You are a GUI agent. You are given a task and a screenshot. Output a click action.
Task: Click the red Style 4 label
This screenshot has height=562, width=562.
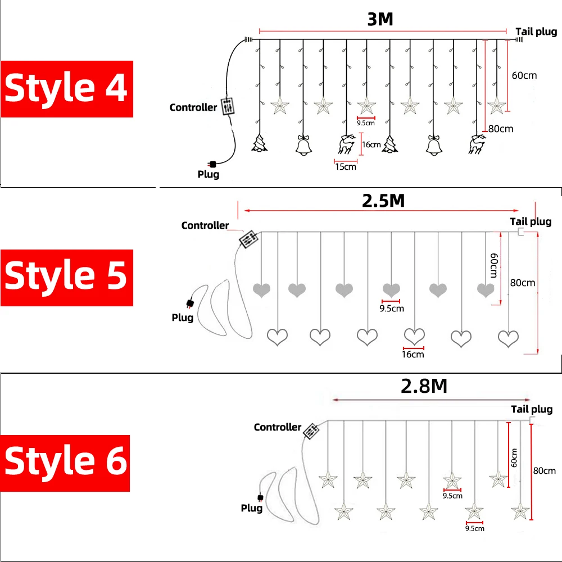pyautogui.click(x=66, y=89)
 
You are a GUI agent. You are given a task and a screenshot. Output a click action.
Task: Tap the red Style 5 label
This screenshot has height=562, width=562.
pyautogui.click(x=66, y=278)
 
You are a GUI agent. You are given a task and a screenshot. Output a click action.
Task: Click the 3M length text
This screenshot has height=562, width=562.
pyautogui.click(x=380, y=20)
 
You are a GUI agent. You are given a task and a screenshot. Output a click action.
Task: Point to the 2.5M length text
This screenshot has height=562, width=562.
pyautogui.click(x=383, y=201)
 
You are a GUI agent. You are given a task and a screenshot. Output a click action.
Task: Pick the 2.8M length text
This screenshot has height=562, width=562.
pyautogui.click(x=424, y=386)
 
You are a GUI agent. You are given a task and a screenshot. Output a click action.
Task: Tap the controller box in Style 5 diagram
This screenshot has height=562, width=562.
pyautogui.click(x=248, y=239)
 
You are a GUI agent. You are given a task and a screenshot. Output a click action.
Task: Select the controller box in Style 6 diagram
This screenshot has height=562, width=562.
pyautogui.click(x=311, y=430)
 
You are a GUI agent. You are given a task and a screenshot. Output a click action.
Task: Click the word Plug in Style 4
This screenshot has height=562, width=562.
pyautogui.click(x=209, y=174)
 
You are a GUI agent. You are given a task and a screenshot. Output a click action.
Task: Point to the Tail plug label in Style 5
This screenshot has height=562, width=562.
pyautogui.click(x=531, y=221)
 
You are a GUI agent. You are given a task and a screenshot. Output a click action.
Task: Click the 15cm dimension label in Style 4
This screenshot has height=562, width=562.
pyautogui.click(x=346, y=166)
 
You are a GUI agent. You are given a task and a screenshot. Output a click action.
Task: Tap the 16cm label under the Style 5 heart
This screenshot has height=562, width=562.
pyautogui.click(x=413, y=354)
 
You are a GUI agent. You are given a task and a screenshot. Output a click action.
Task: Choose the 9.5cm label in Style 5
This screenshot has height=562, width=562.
pyautogui.click(x=392, y=309)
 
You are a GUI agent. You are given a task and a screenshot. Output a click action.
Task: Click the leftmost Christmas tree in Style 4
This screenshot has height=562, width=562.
pyautogui.click(x=260, y=144)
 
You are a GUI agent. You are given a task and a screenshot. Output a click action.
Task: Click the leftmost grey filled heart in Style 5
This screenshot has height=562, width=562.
pyautogui.click(x=262, y=290)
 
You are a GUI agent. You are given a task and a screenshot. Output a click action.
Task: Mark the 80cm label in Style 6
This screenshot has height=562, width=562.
pyautogui.click(x=544, y=471)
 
